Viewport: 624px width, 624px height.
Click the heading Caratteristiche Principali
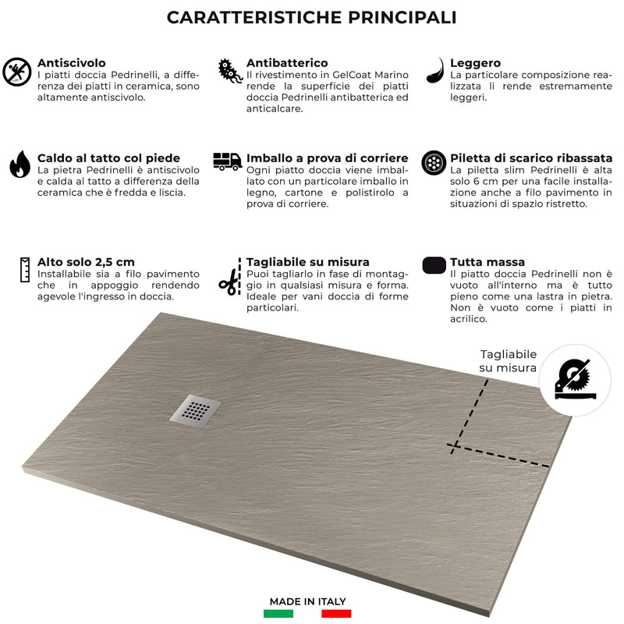tap(312, 18)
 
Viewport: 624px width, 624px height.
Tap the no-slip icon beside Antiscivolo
tap(16, 71)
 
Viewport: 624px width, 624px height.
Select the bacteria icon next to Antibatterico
tap(229, 70)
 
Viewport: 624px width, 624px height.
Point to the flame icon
tap(19, 165)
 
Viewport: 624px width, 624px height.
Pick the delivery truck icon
tap(227, 161)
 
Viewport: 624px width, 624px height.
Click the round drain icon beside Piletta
tap(433, 163)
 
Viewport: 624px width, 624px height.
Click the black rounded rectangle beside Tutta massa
tap(434, 265)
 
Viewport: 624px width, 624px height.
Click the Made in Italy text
tap(307, 601)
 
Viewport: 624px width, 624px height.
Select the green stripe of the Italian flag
tap(278, 614)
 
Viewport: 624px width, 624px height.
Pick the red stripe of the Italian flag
tap(336, 614)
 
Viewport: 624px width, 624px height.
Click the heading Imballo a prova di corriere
tap(327, 158)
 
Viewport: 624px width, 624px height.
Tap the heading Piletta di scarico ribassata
tap(530, 158)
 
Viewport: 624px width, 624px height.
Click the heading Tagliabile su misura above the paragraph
tap(308, 262)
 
